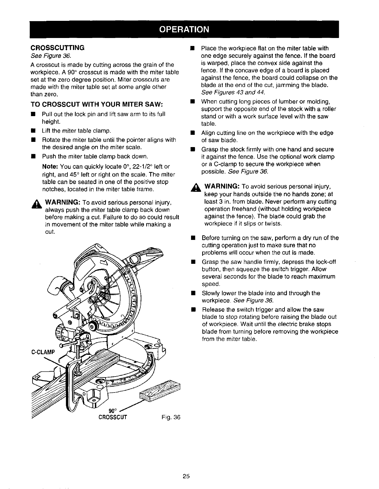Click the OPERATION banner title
point(189,29)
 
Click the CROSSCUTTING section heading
point(57,48)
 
